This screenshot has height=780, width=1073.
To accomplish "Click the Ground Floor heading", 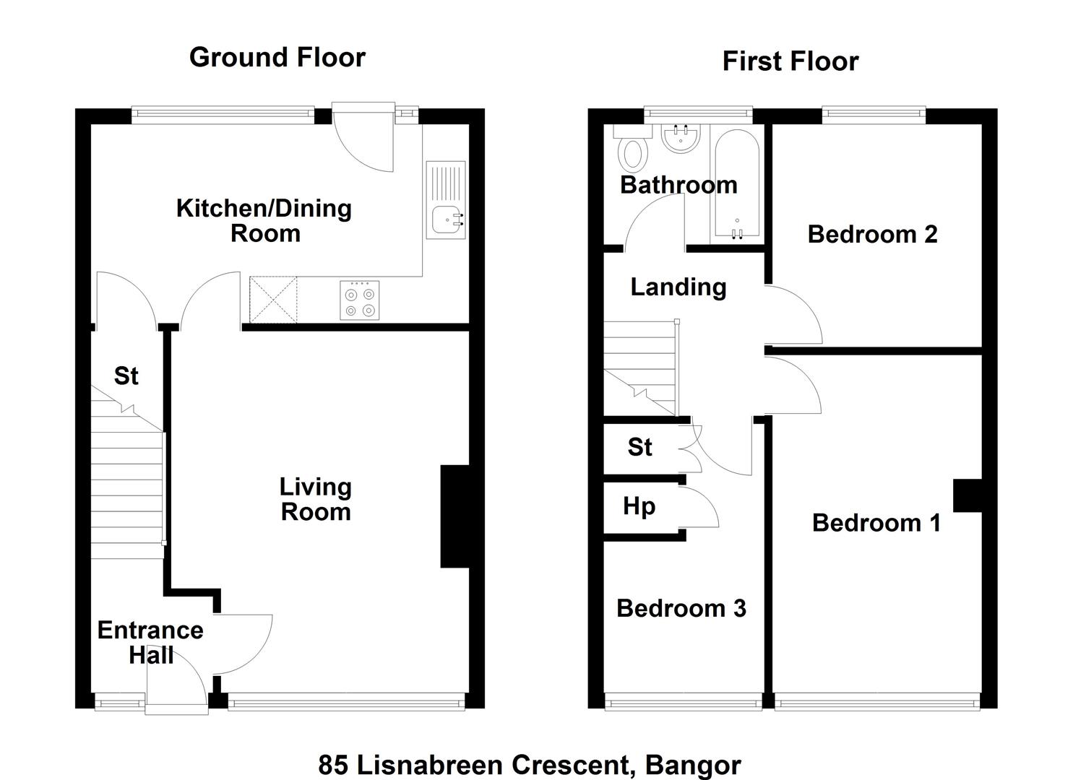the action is (277, 58).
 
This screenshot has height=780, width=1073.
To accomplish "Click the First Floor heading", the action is (790, 62).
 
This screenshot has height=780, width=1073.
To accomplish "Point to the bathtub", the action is (737, 183).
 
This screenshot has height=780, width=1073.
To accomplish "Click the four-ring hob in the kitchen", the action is (359, 300).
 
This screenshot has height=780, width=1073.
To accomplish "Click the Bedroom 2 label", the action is (872, 235).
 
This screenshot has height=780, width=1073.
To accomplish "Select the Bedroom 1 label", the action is (876, 523).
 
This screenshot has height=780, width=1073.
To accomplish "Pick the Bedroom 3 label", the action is (681, 609).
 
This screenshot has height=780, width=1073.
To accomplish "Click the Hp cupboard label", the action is (639, 507).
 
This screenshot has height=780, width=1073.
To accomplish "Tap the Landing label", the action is (678, 287).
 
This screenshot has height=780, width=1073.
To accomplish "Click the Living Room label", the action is (316, 499).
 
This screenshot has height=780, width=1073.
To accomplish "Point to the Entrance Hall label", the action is (150, 643).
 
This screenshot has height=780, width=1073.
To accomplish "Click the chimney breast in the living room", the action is (454, 516).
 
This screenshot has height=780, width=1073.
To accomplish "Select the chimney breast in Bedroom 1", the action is (968, 495).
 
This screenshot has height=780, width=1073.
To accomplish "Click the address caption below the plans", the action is (530, 765).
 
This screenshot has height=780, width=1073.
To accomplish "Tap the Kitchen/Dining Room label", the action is (264, 221).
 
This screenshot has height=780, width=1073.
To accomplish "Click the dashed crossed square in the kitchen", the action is (273, 300).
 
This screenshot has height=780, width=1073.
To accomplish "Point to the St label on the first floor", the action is (640, 447).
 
